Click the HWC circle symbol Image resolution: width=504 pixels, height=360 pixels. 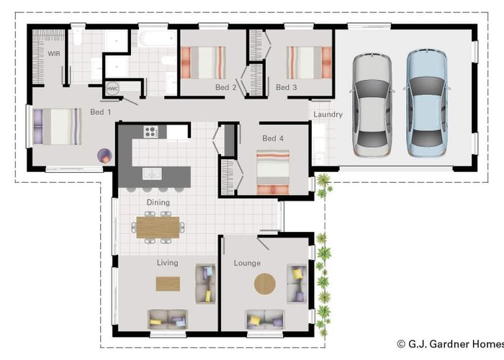(x=112, y=89)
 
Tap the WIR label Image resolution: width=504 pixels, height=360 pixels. (x=54, y=54)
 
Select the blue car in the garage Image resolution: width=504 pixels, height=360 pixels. (x=427, y=103)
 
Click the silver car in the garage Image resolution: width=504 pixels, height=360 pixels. (x=372, y=105)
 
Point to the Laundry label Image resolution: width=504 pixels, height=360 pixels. (x=328, y=114)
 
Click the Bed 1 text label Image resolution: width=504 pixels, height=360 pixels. (x=101, y=112)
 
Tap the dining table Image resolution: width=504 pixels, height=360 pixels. (x=158, y=228)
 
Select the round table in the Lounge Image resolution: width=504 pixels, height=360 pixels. (x=265, y=284)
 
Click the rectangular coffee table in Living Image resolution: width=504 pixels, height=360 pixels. (x=168, y=284)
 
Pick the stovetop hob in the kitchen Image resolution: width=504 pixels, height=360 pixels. (x=150, y=132)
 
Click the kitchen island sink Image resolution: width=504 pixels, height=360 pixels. (x=152, y=174)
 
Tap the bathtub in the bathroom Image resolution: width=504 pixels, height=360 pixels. (x=157, y=39)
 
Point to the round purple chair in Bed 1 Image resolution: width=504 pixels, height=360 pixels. (x=105, y=156)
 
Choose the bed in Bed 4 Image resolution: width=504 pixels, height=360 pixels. (x=273, y=172)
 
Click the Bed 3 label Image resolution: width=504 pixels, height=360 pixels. (x=287, y=87)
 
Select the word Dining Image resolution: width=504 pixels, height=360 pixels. (x=158, y=202)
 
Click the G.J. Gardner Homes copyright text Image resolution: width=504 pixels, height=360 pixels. (x=450, y=344)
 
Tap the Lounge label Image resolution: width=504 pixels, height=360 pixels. (x=247, y=264)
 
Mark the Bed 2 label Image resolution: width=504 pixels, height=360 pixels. (x=226, y=87)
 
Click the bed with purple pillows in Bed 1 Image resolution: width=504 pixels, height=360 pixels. (x=57, y=127)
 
